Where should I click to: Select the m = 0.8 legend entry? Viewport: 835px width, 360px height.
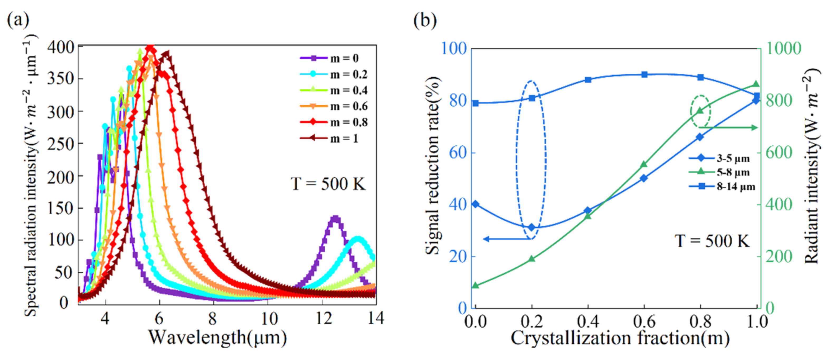click(x=334, y=122)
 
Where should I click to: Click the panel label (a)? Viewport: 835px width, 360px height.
click(x=18, y=20)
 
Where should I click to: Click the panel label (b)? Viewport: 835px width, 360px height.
click(x=425, y=20)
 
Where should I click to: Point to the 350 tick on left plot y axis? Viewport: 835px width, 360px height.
click(x=61, y=79)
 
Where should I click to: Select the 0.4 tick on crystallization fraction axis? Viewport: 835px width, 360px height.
click(x=588, y=322)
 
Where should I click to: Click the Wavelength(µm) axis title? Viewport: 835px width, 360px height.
click(x=217, y=338)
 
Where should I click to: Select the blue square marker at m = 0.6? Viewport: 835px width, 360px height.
click(x=644, y=74)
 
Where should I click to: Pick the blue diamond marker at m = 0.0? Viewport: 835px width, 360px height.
click(x=476, y=204)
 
